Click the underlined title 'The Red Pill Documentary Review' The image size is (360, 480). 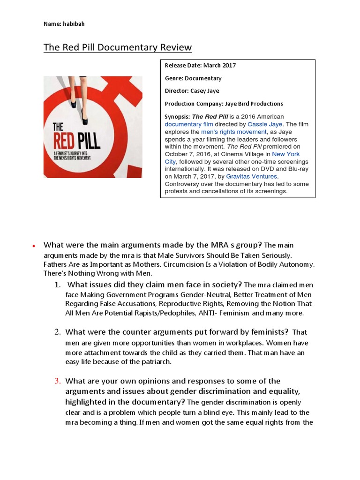(118, 47)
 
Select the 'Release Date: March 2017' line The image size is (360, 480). (200, 65)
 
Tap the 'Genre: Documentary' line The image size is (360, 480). (193, 78)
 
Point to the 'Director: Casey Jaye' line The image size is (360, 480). (192, 91)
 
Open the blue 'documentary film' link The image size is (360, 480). (189, 124)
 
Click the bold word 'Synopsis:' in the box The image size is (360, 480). (176, 116)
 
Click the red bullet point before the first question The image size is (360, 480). (34, 246)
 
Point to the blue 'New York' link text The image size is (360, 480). (286, 154)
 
